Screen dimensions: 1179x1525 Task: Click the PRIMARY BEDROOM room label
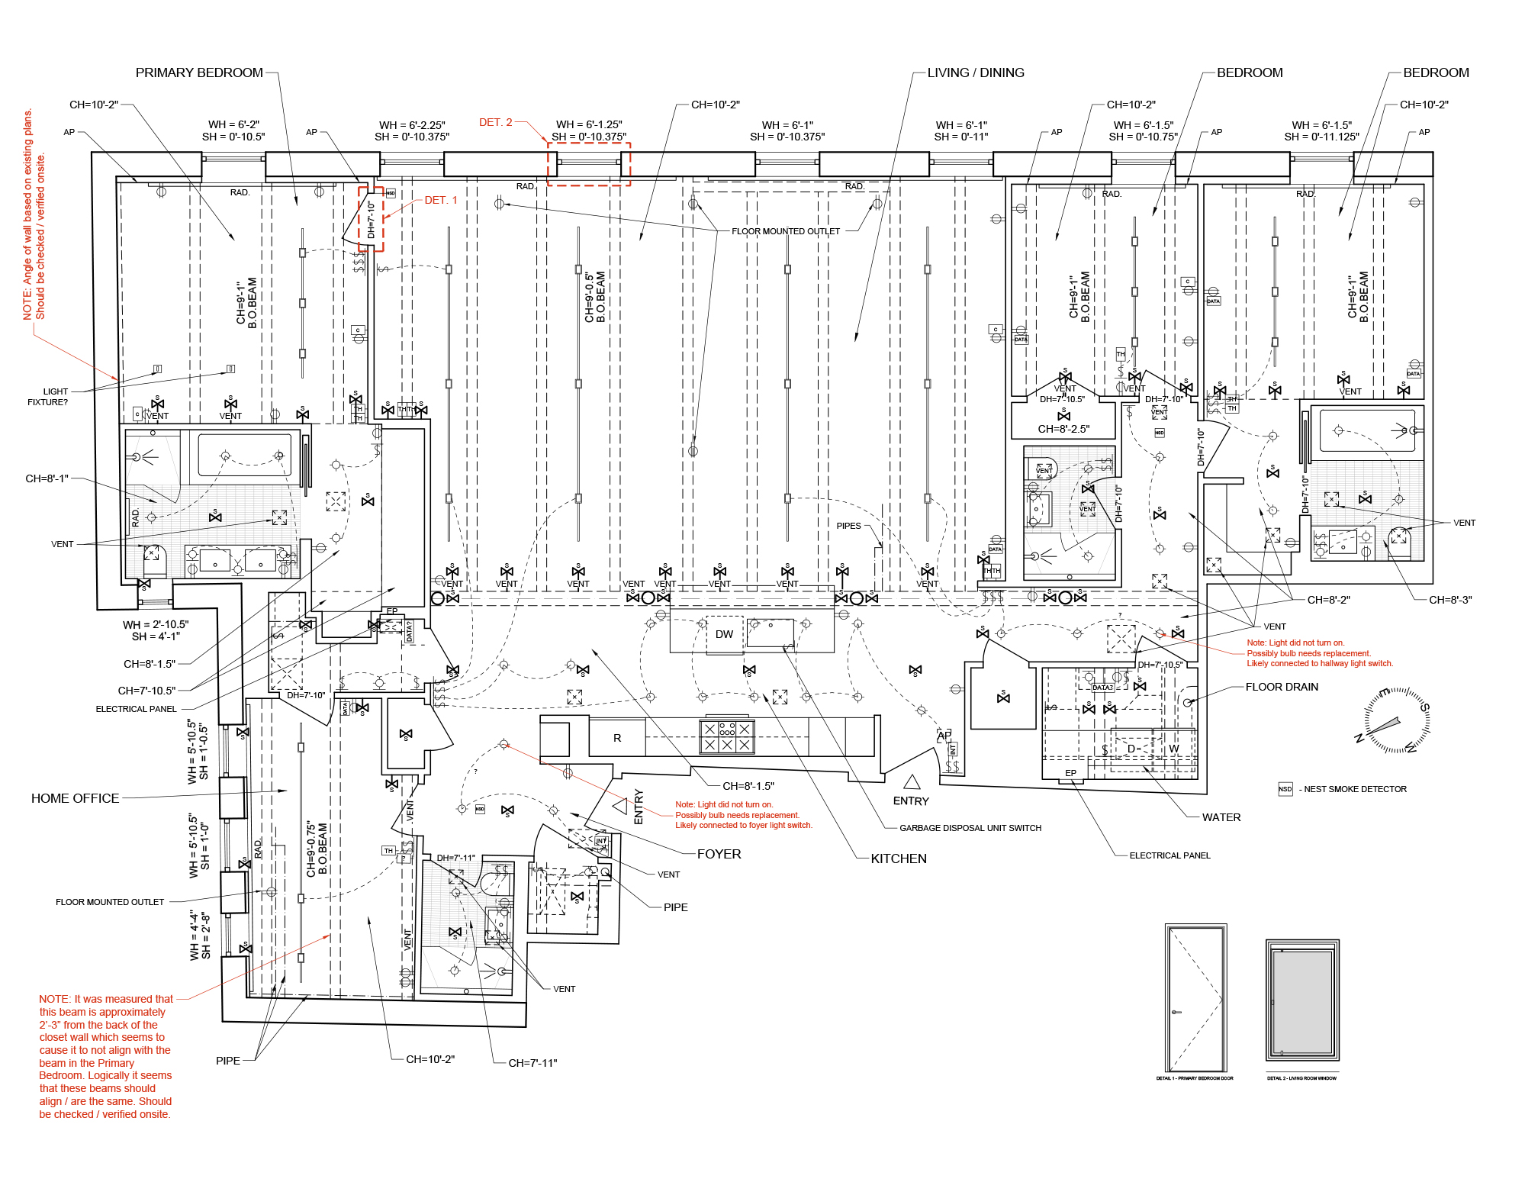point(199,72)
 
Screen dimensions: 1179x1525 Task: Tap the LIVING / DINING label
point(976,72)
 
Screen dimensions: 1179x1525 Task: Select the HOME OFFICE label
point(75,798)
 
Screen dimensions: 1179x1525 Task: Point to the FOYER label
point(719,854)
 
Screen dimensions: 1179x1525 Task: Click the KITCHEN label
point(899,858)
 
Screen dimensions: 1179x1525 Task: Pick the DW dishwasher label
point(724,634)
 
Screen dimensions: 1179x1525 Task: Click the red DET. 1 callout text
point(441,200)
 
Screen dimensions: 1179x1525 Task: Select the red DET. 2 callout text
point(496,122)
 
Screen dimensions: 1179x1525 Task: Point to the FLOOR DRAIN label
point(1282,687)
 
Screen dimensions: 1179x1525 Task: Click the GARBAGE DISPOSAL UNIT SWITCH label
point(970,828)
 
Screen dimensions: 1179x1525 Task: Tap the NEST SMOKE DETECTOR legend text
point(1355,789)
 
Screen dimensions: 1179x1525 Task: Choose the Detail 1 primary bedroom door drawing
point(1195,998)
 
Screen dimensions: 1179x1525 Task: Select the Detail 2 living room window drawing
point(1302,1000)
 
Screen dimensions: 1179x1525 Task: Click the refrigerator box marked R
point(617,738)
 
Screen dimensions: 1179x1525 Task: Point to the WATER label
point(1221,817)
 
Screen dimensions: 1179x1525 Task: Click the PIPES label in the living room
point(848,526)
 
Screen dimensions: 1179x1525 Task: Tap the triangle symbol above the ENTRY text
point(912,782)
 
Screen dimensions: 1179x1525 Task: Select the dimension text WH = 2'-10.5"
point(156,624)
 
